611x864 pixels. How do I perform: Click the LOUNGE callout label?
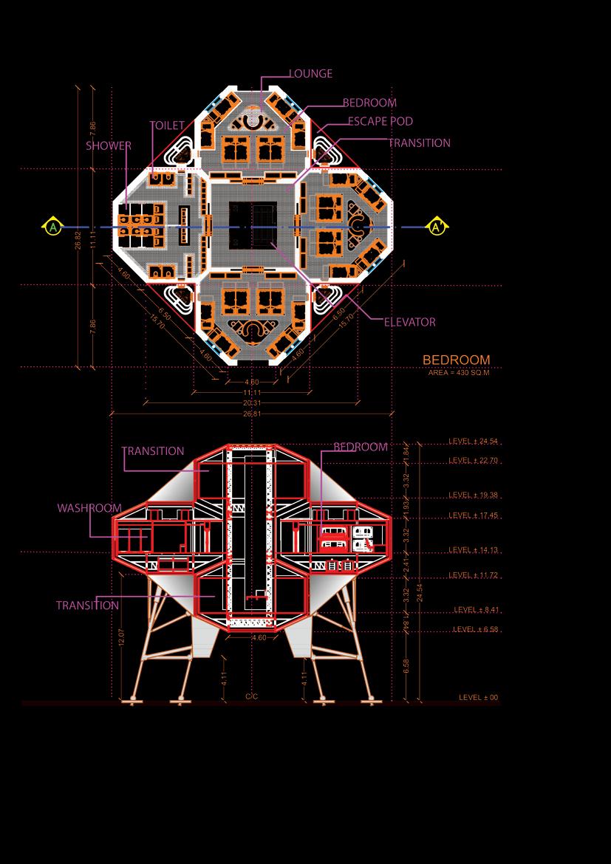coord(310,74)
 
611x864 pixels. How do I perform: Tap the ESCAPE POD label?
coord(380,121)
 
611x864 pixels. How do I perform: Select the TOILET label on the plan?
coord(167,126)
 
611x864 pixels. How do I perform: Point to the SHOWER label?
coord(108,145)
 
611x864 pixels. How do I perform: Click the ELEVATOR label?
coord(409,322)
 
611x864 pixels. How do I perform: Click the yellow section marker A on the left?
coord(52,227)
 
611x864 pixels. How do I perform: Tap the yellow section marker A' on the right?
coord(437,226)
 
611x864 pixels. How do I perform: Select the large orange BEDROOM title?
coord(456,360)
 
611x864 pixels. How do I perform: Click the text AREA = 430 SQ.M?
coord(459,373)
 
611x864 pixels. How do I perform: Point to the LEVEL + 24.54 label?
coord(474,442)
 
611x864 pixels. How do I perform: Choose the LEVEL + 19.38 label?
coord(474,495)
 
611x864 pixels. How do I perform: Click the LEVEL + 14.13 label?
coord(474,550)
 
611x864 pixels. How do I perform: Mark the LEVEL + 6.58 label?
coord(476,629)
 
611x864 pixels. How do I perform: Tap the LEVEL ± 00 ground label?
coord(478,697)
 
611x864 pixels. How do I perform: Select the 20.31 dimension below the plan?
coord(252,403)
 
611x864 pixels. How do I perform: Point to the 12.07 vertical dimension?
coord(123,637)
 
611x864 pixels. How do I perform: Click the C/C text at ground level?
coord(251,696)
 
